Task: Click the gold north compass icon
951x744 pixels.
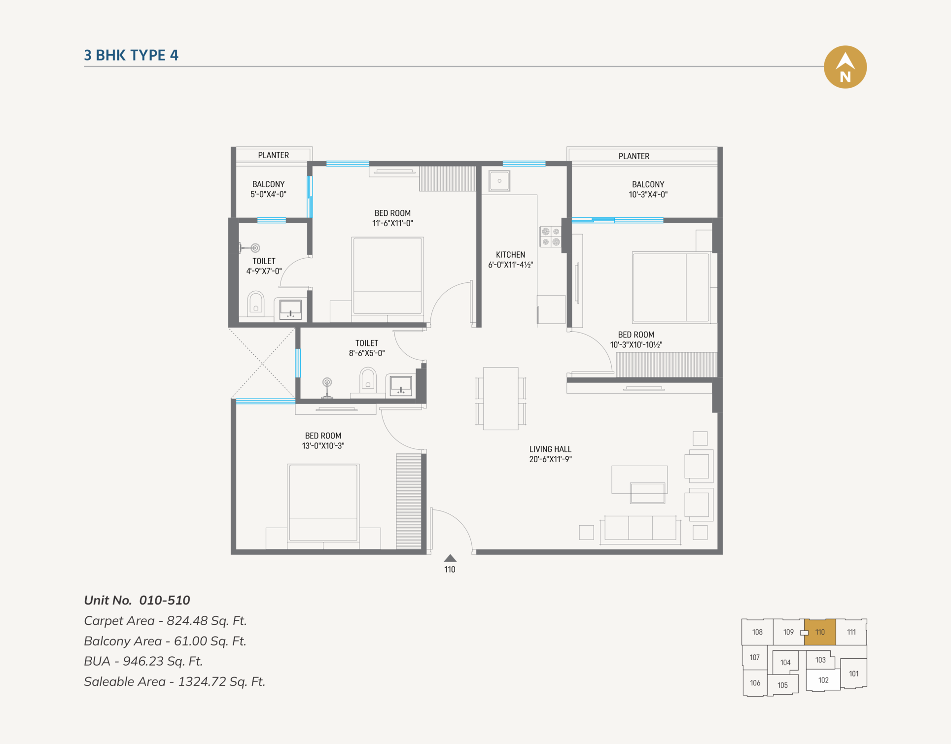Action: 845,67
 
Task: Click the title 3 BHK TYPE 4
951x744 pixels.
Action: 131,55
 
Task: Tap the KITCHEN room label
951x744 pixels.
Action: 510,255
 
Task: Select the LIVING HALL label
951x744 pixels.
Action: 550,449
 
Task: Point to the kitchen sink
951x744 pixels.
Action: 499,181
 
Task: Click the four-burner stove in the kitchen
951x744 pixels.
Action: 551,237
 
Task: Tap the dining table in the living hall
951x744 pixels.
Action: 500,399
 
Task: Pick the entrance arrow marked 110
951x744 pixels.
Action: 450,558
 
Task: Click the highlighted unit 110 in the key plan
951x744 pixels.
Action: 820,632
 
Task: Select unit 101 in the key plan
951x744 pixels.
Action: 854,674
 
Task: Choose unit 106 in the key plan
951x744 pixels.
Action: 755,683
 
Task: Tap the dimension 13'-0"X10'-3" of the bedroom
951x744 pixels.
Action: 323,446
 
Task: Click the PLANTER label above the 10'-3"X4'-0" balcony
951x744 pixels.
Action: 634,156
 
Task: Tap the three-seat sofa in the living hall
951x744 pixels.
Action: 640,528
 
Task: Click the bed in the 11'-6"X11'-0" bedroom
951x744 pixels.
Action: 387,276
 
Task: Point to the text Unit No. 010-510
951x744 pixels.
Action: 137,600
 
